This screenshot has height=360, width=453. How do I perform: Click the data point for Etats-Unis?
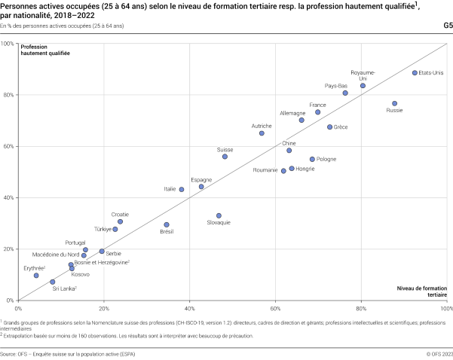coord(415,73)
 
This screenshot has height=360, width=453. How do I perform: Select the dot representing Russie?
coord(394,103)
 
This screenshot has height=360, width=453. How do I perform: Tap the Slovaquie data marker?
coord(219,215)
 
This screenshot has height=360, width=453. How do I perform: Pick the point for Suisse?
coord(225,157)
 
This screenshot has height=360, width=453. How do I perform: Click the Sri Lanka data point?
coord(53,282)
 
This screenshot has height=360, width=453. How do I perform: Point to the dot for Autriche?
coord(262,133)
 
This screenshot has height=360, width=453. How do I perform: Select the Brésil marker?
coord(167,224)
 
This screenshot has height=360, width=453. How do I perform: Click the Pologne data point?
coord(312,159)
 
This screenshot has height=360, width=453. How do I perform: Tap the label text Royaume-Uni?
coord(363,75)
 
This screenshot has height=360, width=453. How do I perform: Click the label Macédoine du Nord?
coord(56,255)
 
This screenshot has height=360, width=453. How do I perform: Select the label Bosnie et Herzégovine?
coord(101,262)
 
